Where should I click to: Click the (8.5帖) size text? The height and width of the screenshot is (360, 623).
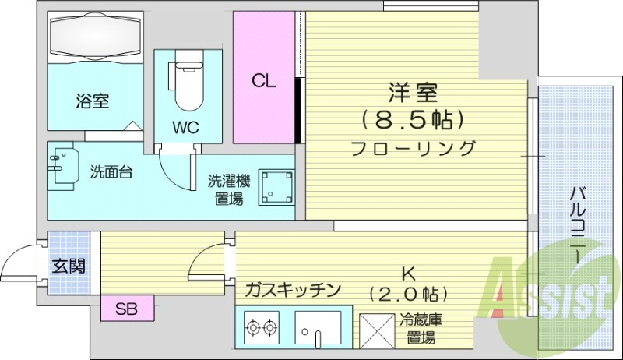[x=413, y=119]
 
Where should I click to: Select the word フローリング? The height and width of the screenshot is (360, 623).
[x=413, y=148]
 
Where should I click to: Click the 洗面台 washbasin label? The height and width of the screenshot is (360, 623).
[x=110, y=171]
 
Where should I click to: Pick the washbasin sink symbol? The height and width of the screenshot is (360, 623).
[x=62, y=164]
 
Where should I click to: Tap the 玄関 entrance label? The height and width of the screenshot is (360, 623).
[x=69, y=266]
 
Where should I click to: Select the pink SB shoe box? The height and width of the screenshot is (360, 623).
[x=127, y=309]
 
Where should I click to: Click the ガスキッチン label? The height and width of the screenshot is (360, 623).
[x=293, y=291]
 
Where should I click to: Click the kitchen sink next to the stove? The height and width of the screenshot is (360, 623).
[x=319, y=328]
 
